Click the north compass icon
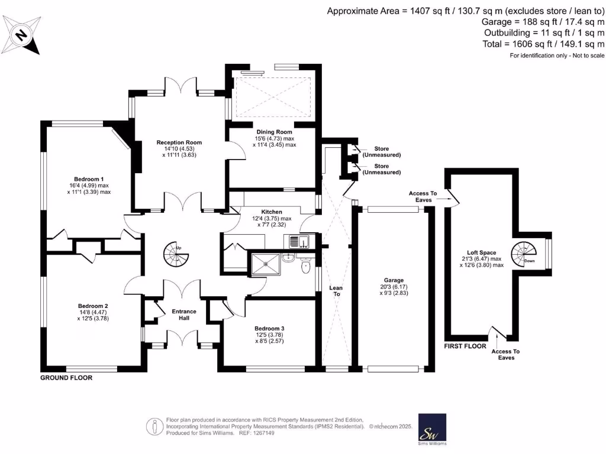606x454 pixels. click(x=21, y=35)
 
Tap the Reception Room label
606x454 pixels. click(x=179, y=142)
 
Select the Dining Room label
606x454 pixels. click(x=274, y=132)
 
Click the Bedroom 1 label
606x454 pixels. click(x=89, y=179)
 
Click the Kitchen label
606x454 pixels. click(x=272, y=212)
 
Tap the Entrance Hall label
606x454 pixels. click(x=184, y=314)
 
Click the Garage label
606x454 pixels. click(x=393, y=281)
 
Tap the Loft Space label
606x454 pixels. click(x=482, y=252)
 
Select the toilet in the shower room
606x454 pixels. click(x=305, y=267)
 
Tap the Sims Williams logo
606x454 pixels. click(x=432, y=429)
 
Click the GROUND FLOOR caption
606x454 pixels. click(x=66, y=377)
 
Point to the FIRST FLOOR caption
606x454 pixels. click(x=465, y=346)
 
